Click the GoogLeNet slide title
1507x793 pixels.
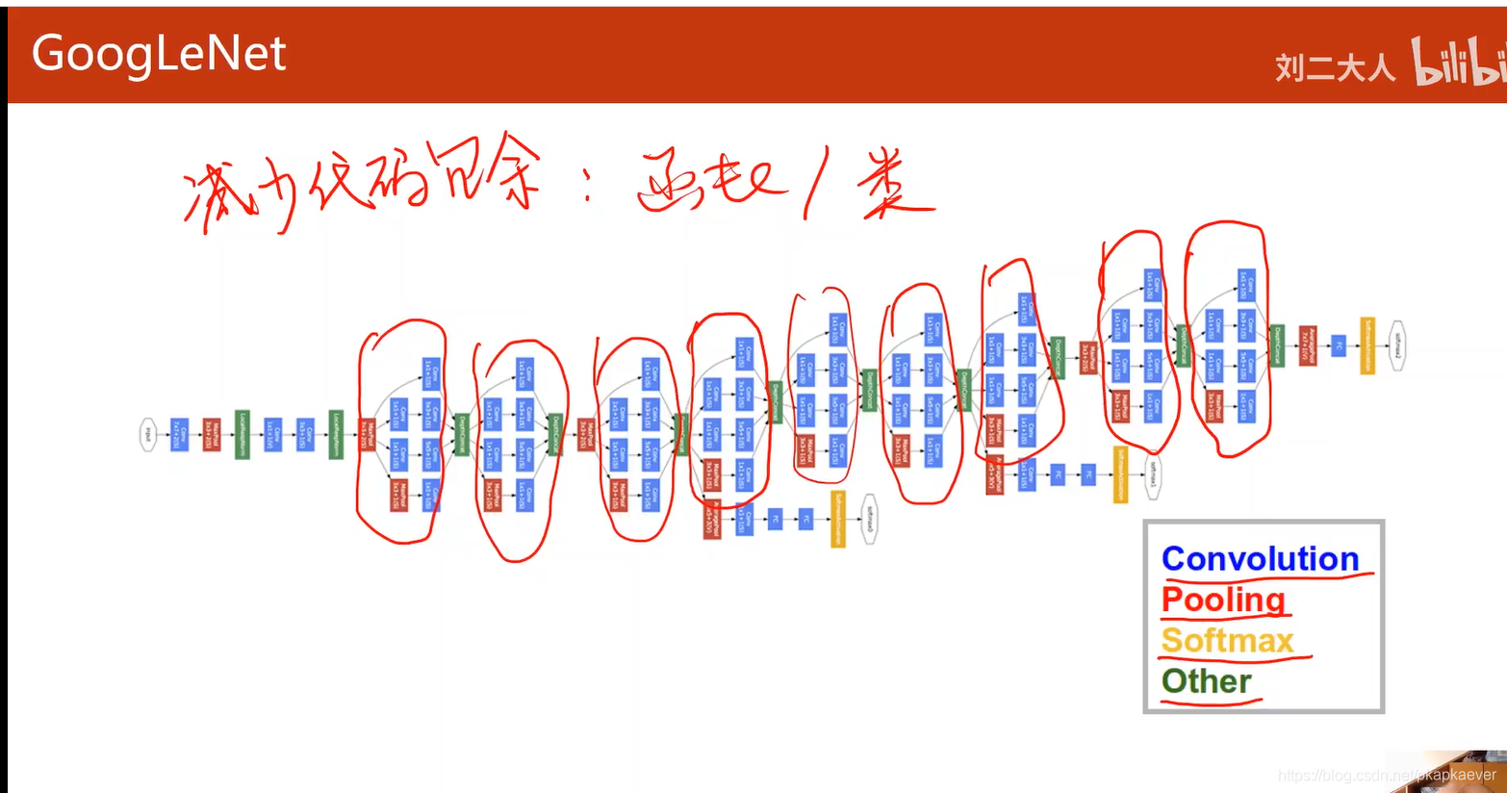coord(159,53)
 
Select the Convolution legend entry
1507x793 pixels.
coord(1260,559)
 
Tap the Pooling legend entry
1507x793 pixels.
coord(1223,600)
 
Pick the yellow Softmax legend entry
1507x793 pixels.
coord(1227,641)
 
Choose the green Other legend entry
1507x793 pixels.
coord(1206,681)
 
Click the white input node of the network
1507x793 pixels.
coord(148,435)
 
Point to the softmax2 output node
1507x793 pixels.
coord(1398,345)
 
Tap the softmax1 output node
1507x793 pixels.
coord(1152,473)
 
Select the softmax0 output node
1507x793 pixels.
coord(869,521)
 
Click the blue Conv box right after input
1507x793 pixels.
coord(179,435)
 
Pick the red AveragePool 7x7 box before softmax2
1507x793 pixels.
coord(1307,345)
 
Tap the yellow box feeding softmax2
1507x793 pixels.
coord(1367,345)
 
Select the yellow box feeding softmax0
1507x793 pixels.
coord(838,520)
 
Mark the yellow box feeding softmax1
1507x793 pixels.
coord(1120,473)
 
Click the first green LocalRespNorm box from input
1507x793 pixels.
coord(243,435)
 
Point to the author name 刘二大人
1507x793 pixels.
coord(1335,67)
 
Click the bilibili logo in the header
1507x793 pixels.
coord(1458,63)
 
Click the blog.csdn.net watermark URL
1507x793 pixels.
coord(1387,775)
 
